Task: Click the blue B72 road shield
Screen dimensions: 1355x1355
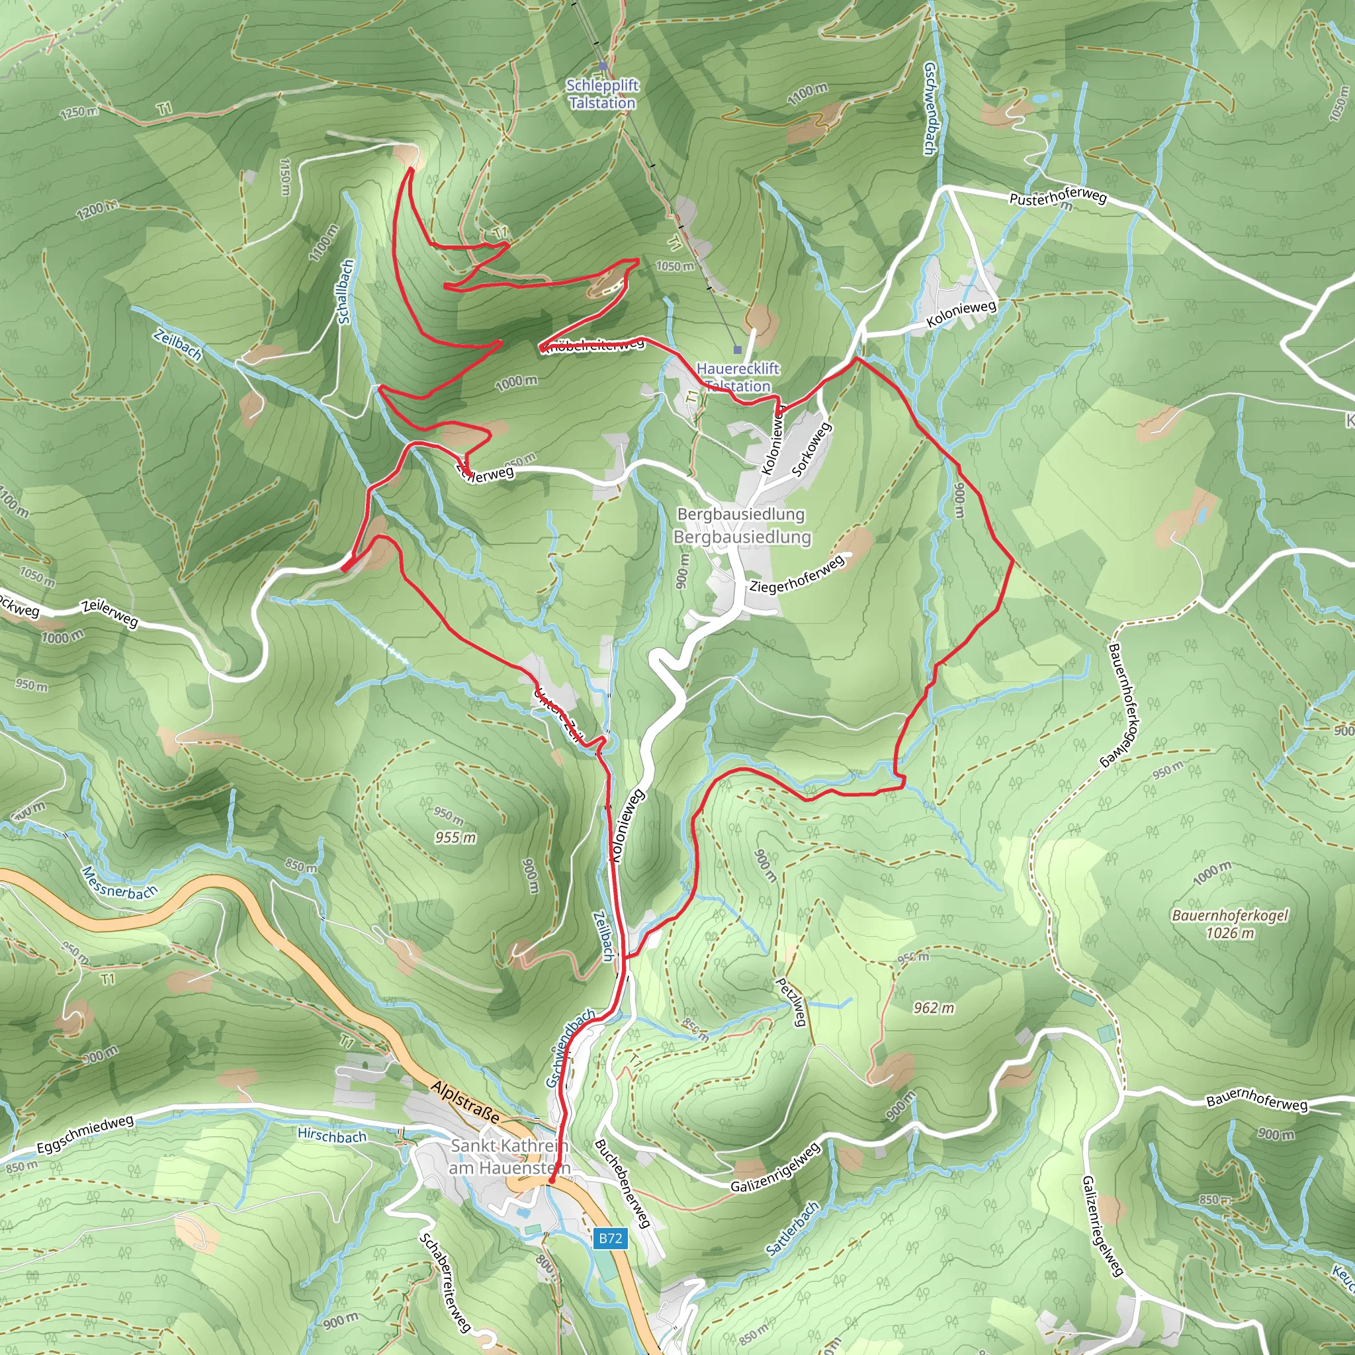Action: [609, 1239]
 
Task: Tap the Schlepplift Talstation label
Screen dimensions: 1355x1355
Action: [603, 94]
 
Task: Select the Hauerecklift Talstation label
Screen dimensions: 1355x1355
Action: [737, 377]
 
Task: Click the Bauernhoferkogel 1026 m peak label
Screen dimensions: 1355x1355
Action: [1229, 924]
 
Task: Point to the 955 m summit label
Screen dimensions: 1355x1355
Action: [455, 838]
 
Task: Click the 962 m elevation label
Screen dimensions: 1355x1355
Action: [934, 1008]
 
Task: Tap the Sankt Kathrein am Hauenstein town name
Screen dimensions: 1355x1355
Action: [509, 1157]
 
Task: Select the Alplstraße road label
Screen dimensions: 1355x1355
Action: [466, 1102]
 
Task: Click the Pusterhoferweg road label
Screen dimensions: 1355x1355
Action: [1058, 197]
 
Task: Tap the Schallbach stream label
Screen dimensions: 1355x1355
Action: [346, 292]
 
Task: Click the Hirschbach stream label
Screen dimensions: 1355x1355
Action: [331, 1135]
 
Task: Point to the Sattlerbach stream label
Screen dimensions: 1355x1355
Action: [793, 1229]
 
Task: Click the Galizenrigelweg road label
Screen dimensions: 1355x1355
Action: [775, 1168]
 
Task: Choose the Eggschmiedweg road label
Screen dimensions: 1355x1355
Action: [85, 1135]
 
